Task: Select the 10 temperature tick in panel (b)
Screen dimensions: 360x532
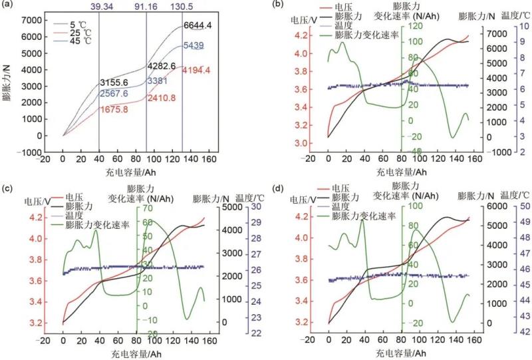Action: point(523,27)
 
